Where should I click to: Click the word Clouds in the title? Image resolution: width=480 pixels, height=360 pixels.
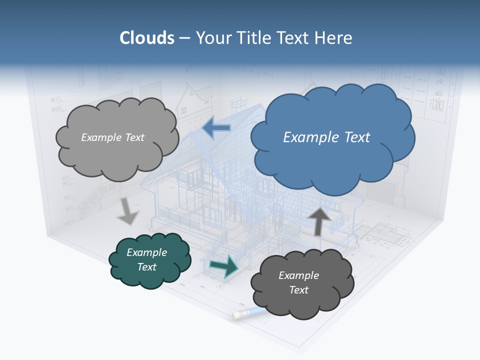[147, 38]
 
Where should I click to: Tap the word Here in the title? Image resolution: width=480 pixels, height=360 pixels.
[334, 38]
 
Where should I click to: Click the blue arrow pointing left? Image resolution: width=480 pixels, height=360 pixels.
[216, 128]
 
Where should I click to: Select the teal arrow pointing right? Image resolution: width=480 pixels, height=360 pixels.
[223, 266]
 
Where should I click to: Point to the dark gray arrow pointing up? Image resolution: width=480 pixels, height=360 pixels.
[318, 220]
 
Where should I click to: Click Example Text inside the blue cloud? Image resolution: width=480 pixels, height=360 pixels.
[326, 137]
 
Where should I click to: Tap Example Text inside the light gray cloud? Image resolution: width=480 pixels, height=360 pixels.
[112, 137]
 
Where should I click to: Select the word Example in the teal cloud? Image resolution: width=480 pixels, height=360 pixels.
[146, 252]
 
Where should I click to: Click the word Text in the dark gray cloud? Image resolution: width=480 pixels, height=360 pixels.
[298, 290]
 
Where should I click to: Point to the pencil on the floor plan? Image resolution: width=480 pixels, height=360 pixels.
[248, 313]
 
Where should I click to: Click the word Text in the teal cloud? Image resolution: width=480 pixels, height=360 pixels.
[146, 267]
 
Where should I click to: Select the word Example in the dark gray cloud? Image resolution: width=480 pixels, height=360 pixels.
[298, 275]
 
